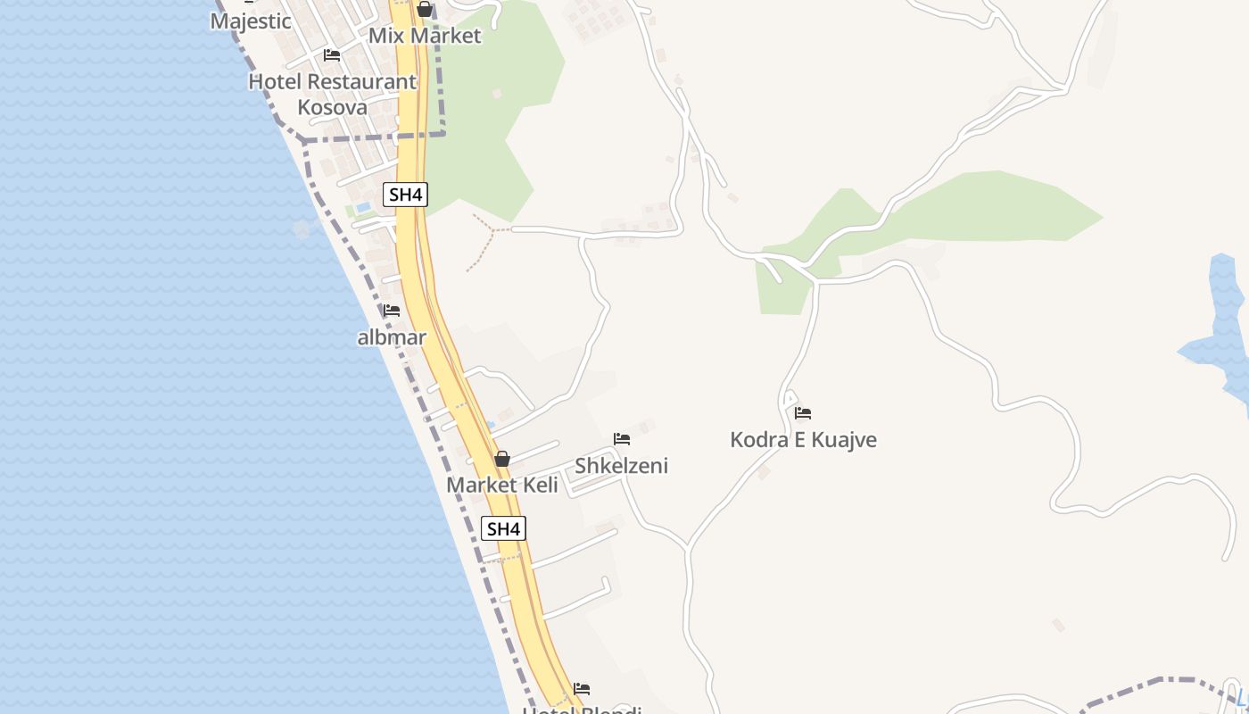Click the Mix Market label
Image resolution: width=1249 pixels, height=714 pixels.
(x=425, y=36)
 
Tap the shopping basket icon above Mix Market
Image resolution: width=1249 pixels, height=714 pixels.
(x=425, y=10)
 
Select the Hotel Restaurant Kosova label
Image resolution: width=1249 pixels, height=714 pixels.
(x=332, y=94)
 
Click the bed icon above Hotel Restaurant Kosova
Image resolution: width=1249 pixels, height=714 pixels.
(x=332, y=55)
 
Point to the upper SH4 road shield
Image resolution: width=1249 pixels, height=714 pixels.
(x=406, y=195)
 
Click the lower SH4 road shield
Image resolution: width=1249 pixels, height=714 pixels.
(x=503, y=528)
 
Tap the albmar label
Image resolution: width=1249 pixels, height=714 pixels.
(x=392, y=337)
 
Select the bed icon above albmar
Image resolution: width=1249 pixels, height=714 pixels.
(x=392, y=311)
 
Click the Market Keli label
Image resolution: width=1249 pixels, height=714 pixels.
(x=502, y=485)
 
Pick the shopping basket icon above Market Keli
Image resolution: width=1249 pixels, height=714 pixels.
(x=502, y=459)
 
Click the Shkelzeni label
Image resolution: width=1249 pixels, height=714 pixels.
(x=621, y=466)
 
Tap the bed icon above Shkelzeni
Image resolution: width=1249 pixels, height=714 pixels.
(x=622, y=439)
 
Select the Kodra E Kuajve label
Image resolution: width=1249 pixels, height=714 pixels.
(x=803, y=440)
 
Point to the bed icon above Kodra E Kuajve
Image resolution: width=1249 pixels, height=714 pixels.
(x=803, y=413)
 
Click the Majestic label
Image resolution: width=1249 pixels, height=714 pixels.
(x=251, y=21)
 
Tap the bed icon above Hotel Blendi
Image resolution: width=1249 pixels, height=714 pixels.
(x=582, y=689)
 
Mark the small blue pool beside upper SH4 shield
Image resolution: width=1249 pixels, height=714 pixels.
(x=363, y=207)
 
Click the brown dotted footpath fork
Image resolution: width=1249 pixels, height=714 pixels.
(x=492, y=229)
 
